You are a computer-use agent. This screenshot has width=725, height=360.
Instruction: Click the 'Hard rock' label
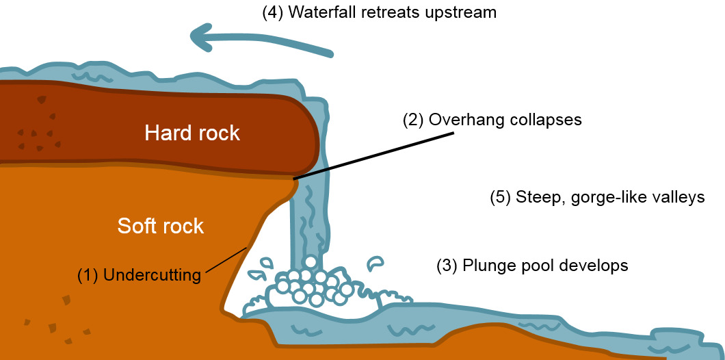click(192, 133)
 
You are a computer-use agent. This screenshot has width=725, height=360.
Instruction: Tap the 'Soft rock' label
click(161, 226)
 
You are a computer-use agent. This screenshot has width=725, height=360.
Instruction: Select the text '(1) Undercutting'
click(139, 275)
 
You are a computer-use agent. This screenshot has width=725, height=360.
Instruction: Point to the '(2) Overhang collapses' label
click(491, 120)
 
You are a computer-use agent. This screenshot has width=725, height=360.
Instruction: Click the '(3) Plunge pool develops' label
click(532, 265)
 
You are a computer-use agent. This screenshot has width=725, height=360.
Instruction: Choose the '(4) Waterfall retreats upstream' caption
click(379, 12)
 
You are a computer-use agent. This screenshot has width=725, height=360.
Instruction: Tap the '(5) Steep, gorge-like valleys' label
click(597, 198)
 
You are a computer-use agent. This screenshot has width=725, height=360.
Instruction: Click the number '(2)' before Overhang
click(412, 120)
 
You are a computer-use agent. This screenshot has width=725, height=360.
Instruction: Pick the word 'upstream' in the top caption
click(464, 13)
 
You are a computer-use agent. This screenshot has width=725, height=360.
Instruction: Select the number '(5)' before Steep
click(501, 198)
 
